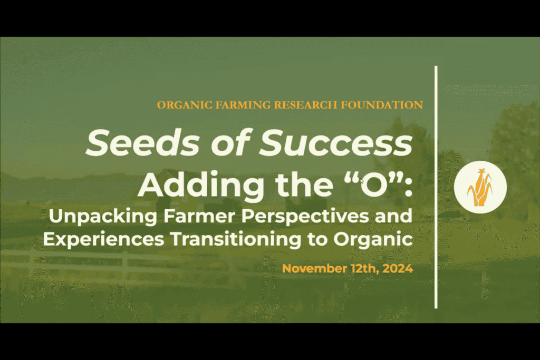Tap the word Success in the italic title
click(336, 142)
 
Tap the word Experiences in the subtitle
click(104, 239)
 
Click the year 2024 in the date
click(398, 268)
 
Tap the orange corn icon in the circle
click(480, 187)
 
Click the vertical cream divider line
click(436, 187)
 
